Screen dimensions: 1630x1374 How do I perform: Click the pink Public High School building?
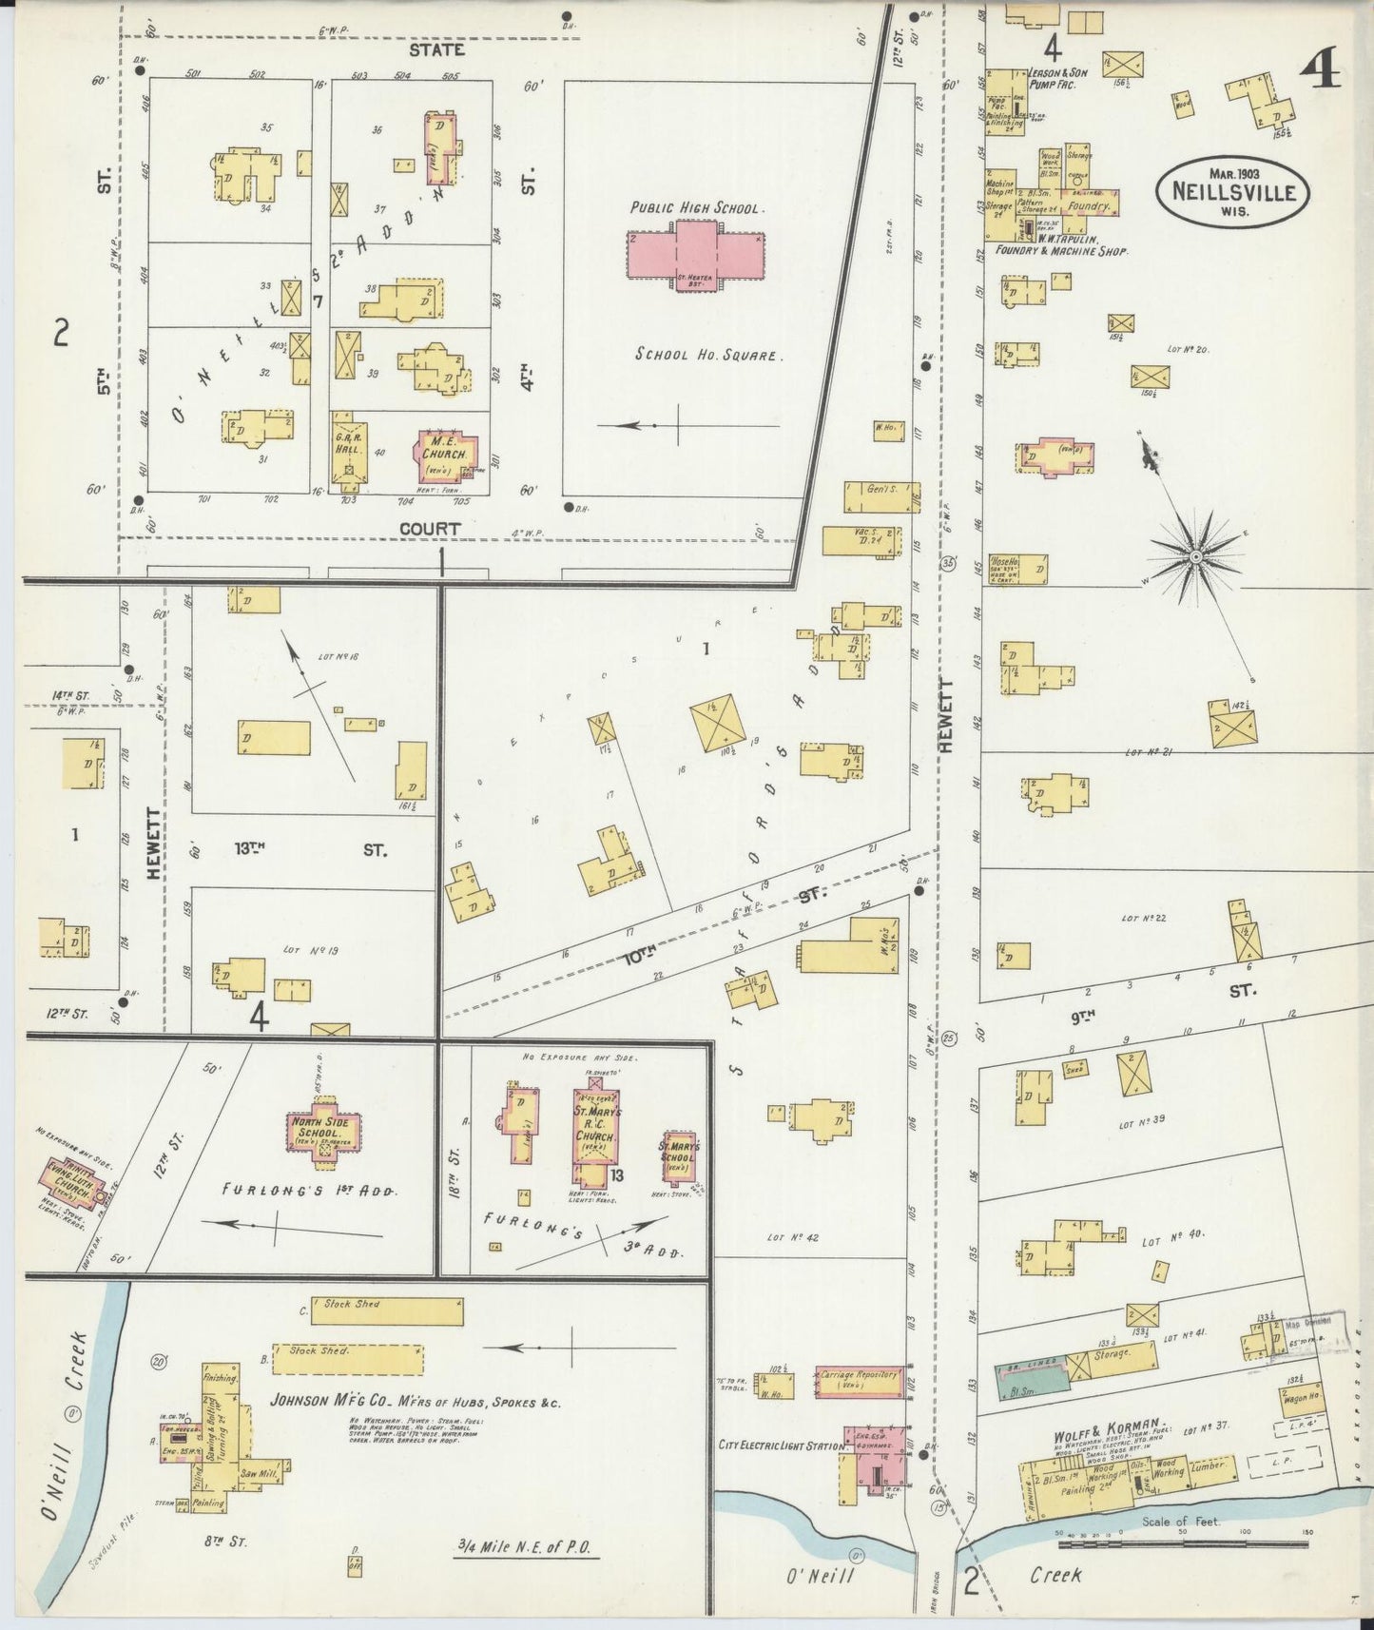click(695, 253)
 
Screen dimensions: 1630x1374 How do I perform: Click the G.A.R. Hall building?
click(348, 447)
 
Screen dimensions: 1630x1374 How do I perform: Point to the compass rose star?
click(1195, 554)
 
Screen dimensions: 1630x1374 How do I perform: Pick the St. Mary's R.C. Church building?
click(596, 1126)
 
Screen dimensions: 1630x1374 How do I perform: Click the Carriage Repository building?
click(859, 1381)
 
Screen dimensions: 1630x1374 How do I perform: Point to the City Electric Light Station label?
click(779, 1446)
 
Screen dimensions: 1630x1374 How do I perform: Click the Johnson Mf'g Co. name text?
click(415, 1402)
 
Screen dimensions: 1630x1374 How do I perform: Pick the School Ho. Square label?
click(708, 355)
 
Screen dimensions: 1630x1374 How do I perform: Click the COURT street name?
click(430, 528)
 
